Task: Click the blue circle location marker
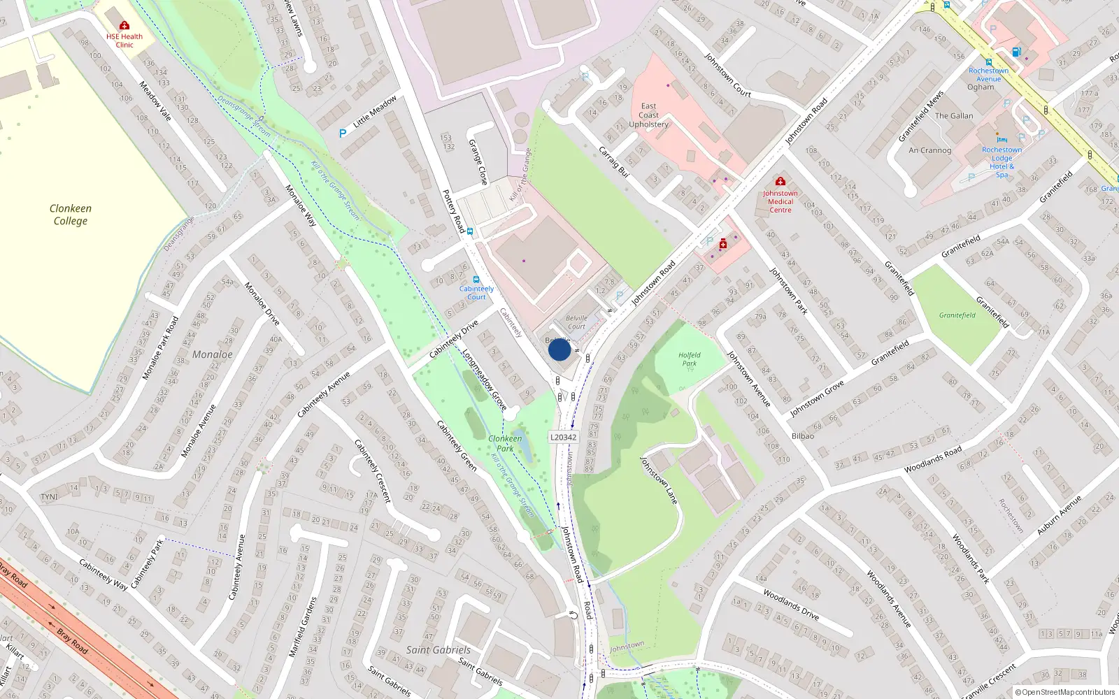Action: [x=559, y=349]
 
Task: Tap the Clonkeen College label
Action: [x=70, y=215]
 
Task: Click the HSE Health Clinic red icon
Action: [x=124, y=25]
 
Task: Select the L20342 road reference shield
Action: [x=563, y=438]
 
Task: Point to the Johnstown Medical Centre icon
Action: [x=781, y=182]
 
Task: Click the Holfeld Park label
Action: [x=689, y=359]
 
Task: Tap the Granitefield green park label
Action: [x=957, y=315]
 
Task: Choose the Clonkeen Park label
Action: [x=505, y=443]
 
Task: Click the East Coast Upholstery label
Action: [x=648, y=115]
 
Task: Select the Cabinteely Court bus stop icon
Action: [x=476, y=280]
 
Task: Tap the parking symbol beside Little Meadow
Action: [x=343, y=133]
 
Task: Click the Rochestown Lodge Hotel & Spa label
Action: [x=1002, y=162]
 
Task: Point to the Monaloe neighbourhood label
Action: [x=213, y=354]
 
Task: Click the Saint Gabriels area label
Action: [x=438, y=649]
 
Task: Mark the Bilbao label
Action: [x=803, y=436]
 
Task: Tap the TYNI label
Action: [x=49, y=497]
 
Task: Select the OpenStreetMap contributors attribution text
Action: [x=1064, y=692]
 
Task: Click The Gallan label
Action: [x=954, y=116]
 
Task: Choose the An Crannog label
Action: [x=929, y=150]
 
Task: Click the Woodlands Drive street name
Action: [x=791, y=604]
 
